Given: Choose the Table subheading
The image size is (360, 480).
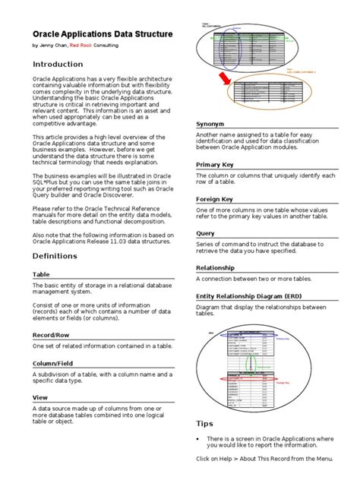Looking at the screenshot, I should [41, 274].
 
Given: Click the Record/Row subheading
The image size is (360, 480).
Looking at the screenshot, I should [52, 334].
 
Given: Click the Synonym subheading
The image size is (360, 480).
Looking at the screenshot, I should [210, 123].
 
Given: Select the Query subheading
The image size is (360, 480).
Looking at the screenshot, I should [205, 234].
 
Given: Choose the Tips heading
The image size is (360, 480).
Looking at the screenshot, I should [205, 424].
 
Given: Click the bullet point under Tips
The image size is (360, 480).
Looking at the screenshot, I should [198, 439].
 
